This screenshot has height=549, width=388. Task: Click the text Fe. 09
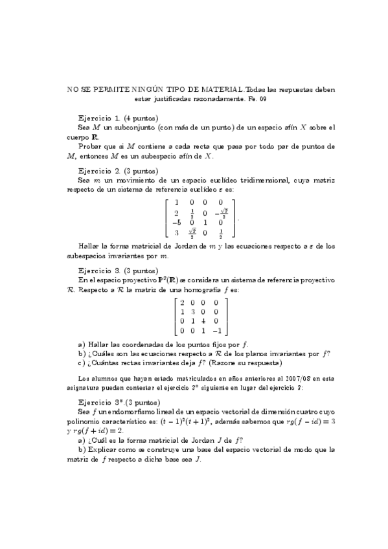[x=257, y=99]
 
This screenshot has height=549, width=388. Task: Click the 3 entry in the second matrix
[x=192, y=311]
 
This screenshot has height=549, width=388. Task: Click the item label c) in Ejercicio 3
[x=81, y=363]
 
